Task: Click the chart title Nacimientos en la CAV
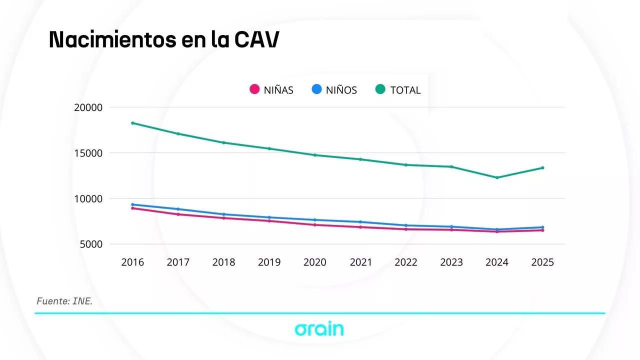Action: [163, 40]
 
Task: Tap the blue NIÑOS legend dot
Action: [316, 89]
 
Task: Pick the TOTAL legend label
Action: [405, 90]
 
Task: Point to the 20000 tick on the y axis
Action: [88, 107]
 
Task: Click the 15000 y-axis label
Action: [88, 153]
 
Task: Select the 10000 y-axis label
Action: [88, 198]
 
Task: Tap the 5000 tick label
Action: [90, 244]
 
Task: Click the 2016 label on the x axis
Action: [132, 262]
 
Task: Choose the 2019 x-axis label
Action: [269, 262]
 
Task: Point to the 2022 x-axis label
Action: [405, 262]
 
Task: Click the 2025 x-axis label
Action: [542, 262]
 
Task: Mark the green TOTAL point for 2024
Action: [497, 177]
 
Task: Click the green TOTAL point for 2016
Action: [132, 123]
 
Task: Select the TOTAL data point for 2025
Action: [542, 168]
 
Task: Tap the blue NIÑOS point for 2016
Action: [132, 204]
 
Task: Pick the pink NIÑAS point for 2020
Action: [315, 225]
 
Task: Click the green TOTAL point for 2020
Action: [315, 155]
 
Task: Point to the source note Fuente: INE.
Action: [64, 301]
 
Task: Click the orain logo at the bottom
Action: [319, 329]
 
